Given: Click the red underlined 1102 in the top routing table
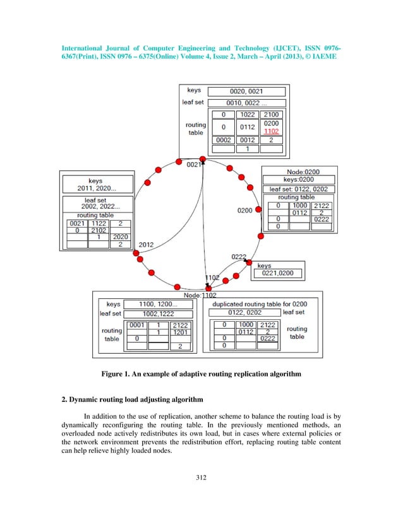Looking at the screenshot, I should click(x=272, y=131).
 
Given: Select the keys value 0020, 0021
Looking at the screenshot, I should click(x=246, y=91).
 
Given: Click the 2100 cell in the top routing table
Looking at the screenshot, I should click(x=272, y=114).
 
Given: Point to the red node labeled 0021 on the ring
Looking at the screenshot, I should click(x=202, y=159).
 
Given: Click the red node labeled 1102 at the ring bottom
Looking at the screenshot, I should click(x=209, y=288).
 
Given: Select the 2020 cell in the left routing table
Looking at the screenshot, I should click(x=120, y=237).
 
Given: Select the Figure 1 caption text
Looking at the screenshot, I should click(x=201, y=374).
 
